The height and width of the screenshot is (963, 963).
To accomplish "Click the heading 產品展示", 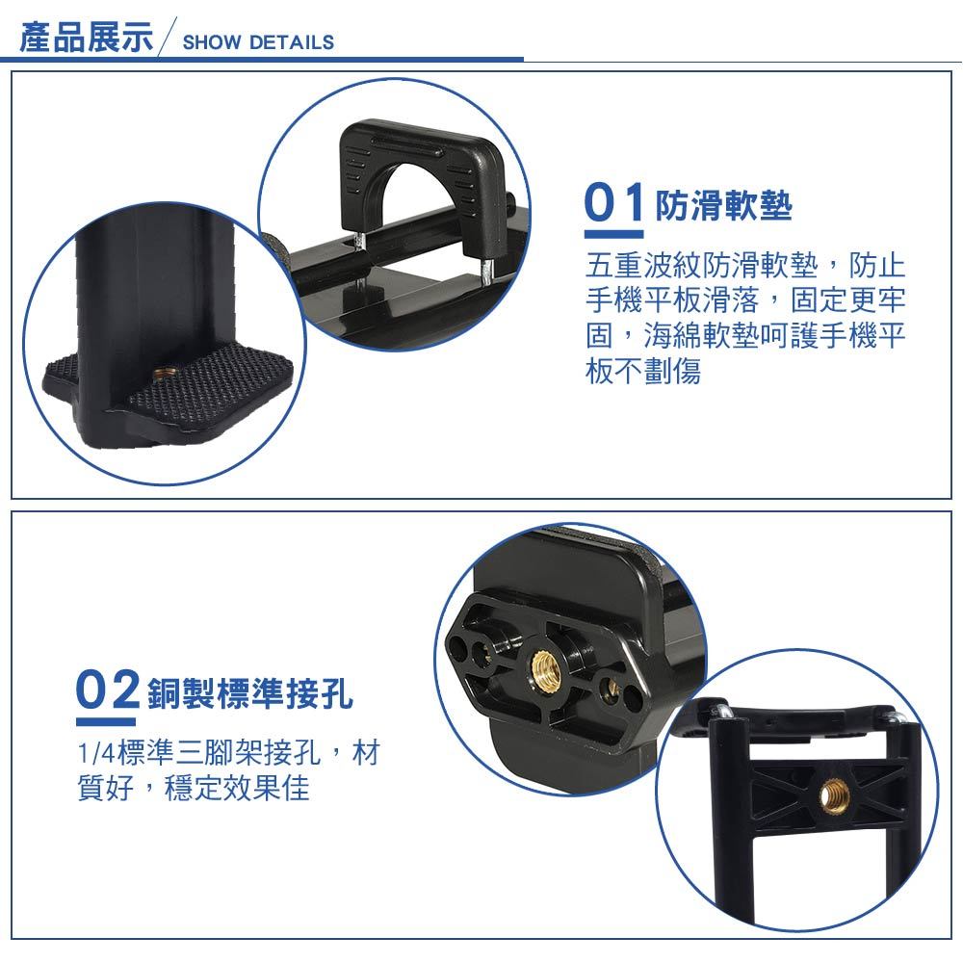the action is click(x=86, y=38).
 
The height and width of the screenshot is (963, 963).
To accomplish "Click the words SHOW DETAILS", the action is click(x=258, y=42).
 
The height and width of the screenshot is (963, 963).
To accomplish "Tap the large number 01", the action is click(x=613, y=202).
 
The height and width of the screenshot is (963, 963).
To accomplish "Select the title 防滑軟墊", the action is click(x=724, y=205).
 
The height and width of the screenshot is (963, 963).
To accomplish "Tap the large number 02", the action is click(x=108, y=690).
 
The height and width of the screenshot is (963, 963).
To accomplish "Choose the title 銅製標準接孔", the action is click(x=250, y=693).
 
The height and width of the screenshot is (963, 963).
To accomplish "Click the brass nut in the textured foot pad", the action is click(x=165, y=373).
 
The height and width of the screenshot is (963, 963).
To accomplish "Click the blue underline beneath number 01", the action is click(x=613, y=234).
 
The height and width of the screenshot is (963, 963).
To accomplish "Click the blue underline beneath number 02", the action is click(x=106, y=721).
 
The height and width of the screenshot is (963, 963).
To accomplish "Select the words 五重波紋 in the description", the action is click(x=643, y=266).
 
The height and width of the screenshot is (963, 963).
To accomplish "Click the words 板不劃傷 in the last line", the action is click(x=643, y=371).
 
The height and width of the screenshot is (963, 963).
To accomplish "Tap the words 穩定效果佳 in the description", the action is click(x=237, y=788).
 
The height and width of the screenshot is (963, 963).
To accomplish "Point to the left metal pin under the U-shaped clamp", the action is click(x=360, y=243).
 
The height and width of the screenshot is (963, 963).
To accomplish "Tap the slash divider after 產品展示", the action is click(x=168, y=37).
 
